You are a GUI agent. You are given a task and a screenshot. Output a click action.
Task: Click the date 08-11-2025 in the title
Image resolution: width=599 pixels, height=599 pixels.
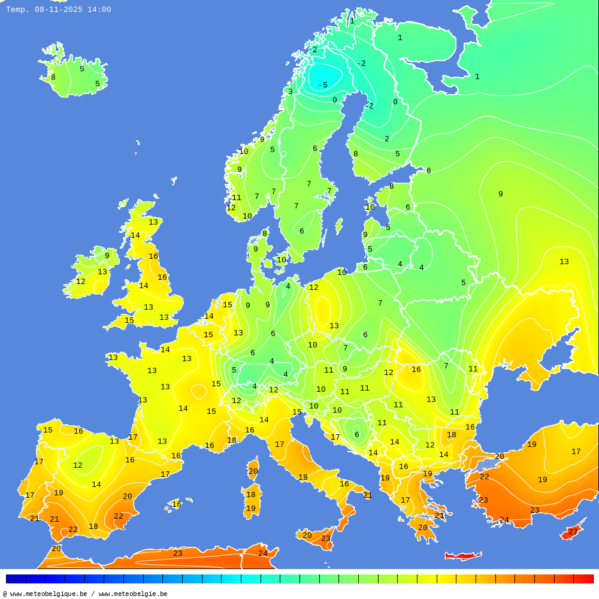59,10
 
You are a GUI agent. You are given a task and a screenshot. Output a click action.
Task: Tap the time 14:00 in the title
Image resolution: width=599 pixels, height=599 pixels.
98,10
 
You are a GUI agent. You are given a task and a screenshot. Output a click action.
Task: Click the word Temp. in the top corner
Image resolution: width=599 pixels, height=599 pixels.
18,10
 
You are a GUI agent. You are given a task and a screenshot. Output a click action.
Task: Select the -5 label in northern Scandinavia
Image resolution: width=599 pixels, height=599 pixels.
323,85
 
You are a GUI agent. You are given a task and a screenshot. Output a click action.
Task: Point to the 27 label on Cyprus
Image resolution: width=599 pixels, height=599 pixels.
573,532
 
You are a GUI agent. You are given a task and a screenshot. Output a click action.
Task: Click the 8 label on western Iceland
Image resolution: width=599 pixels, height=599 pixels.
53,77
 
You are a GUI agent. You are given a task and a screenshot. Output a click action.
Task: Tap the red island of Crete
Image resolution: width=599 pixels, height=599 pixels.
463,556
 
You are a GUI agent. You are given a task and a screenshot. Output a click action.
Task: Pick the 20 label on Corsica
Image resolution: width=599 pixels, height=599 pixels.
253,471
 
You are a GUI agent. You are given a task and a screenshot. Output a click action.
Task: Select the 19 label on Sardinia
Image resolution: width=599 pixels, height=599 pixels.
250,509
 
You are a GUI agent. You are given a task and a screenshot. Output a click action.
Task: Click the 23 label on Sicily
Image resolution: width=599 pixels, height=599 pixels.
325,539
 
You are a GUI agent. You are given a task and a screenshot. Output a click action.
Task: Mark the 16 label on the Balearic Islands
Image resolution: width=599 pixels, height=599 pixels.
177,504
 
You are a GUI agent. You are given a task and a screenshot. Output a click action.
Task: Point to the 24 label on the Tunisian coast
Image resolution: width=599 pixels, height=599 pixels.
262,553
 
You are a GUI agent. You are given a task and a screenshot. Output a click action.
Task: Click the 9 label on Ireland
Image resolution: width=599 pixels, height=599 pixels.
107,256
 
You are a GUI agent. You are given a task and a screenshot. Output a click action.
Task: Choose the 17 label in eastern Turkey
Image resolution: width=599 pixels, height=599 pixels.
576,452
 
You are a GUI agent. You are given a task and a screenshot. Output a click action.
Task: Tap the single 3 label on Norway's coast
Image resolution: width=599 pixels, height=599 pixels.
291,92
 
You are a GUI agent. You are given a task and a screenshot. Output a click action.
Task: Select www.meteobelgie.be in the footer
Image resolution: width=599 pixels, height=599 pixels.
133,594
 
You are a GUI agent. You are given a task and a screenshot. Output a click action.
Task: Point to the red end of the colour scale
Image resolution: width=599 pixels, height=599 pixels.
583,579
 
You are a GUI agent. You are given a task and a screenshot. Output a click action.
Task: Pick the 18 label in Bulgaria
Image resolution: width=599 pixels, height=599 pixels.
451,435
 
